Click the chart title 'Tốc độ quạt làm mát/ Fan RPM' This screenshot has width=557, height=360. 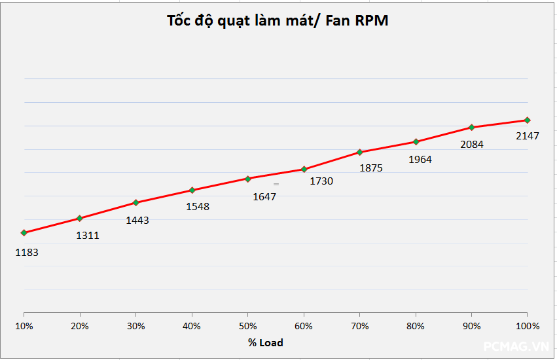278,20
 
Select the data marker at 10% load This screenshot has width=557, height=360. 24,232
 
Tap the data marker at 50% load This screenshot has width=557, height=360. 248,179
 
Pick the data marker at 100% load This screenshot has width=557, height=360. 528,120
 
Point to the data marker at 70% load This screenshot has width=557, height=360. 360,153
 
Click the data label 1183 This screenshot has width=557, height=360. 27,251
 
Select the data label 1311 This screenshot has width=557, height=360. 87,236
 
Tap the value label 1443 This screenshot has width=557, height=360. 137,221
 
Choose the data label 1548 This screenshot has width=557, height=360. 198,207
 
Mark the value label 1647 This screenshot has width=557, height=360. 264,196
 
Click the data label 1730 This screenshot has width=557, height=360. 321,181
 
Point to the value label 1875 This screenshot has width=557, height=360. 371,168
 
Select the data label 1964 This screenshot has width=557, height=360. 420,159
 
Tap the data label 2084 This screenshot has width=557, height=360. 472,145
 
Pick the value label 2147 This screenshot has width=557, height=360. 527,136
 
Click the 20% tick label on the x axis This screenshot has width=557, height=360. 80,326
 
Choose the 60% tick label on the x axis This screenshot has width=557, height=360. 304,326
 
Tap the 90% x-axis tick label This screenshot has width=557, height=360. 471,326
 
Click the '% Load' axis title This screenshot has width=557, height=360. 266,342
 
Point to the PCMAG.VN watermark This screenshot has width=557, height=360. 516,346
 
